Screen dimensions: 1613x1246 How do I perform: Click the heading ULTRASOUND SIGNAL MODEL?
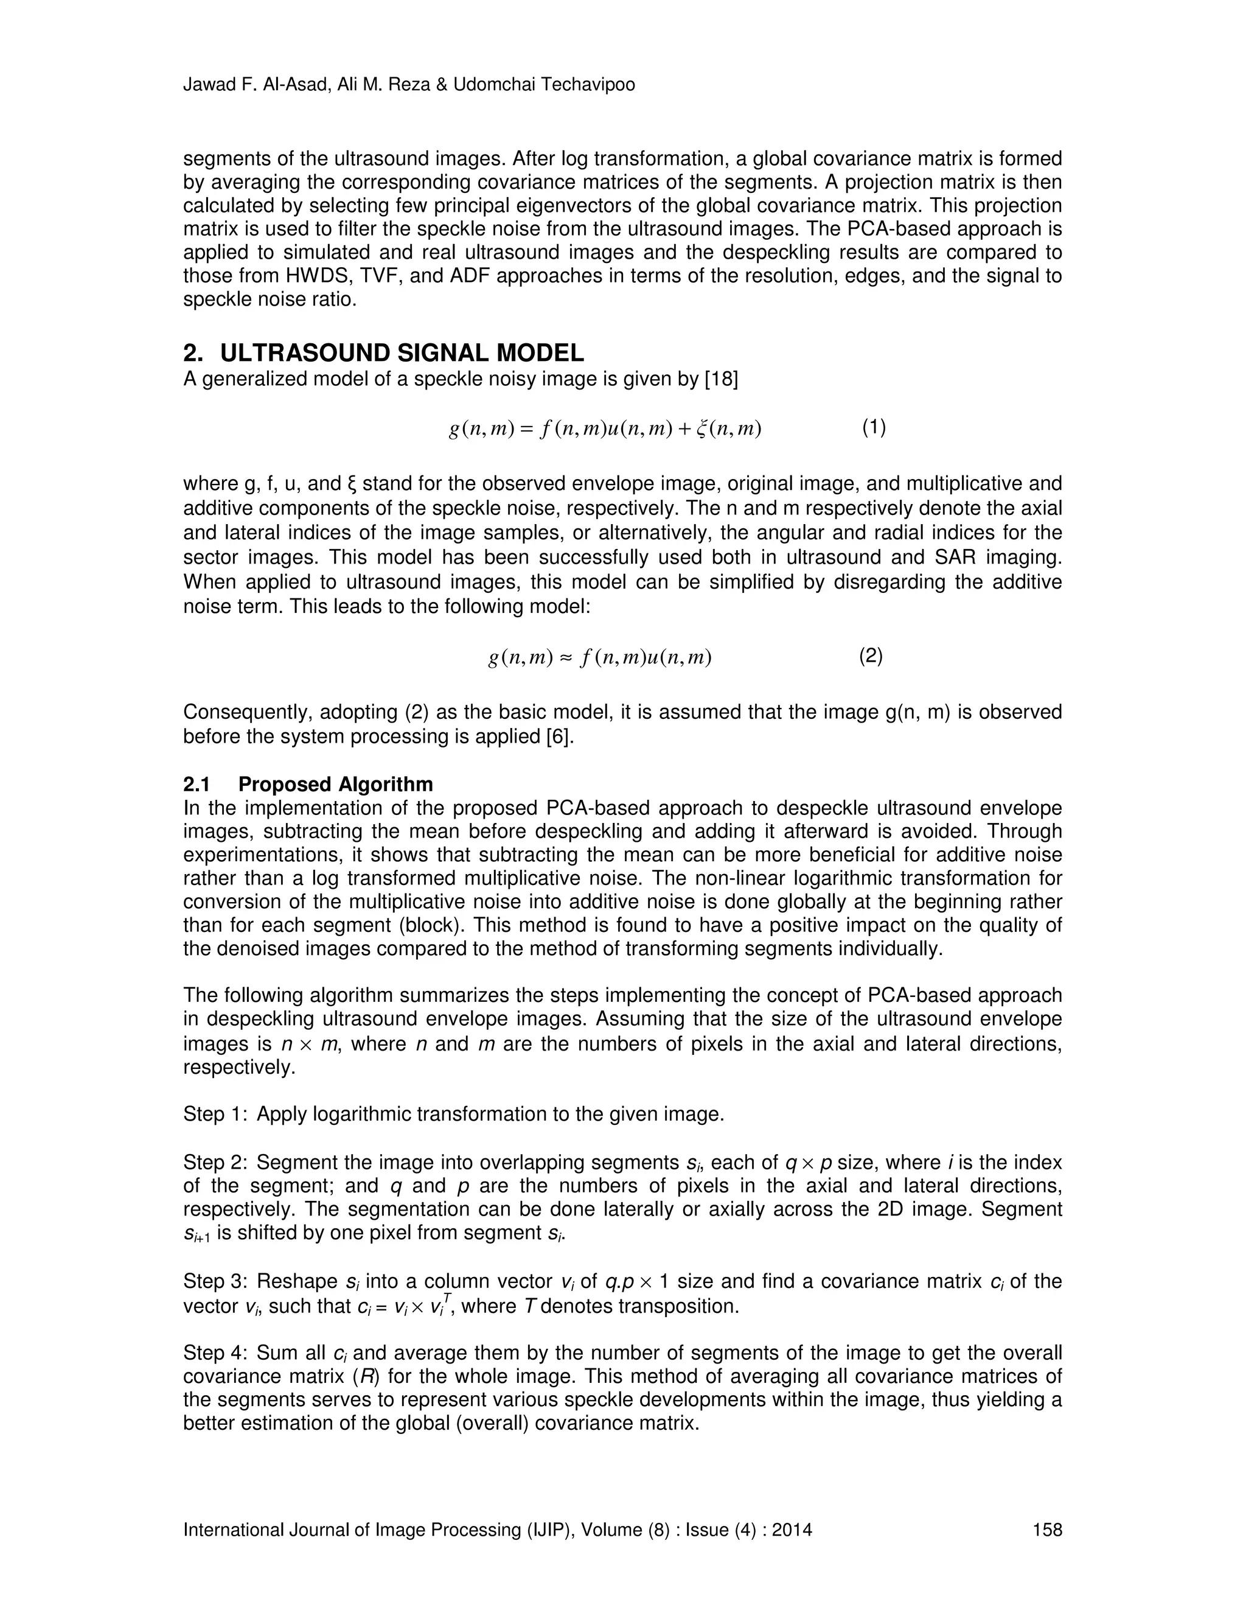pyautogui.click(x=402, y=353)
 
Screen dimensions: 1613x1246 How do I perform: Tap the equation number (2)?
pyautogui.click(x=871, y=655)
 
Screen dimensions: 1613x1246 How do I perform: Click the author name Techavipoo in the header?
pyautogui.click(x=588, y=85)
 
